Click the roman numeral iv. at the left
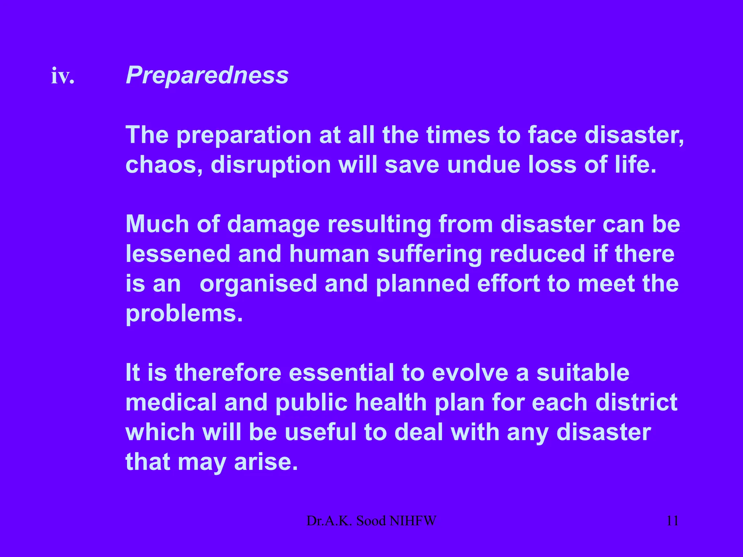pyautogui.click(x=63, y=76)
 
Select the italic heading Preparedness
pyautogui.click(x=207, y=75)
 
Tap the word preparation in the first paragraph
pyautogui.click(x=244, y=135)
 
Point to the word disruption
pyautogui.click(x=271, y=165)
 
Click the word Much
pyautogui.click(x=157, y=224)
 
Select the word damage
pyautogui.click(x=274, y=225)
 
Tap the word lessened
pyautogui.click(x=178, y=254)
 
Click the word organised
pyautogui.click(x=258, y=284)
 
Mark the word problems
pyautogui.click(x=184, y=313)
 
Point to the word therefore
pyautogui.click(x=228, y=373)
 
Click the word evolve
pyautogui.click(x=470, y=373)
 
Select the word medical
pyautogui.click(x=171, y=403)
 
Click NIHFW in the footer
pyautogui.click(x=412, y=521)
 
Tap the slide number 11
pyautogui.click(x=672, y=521)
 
